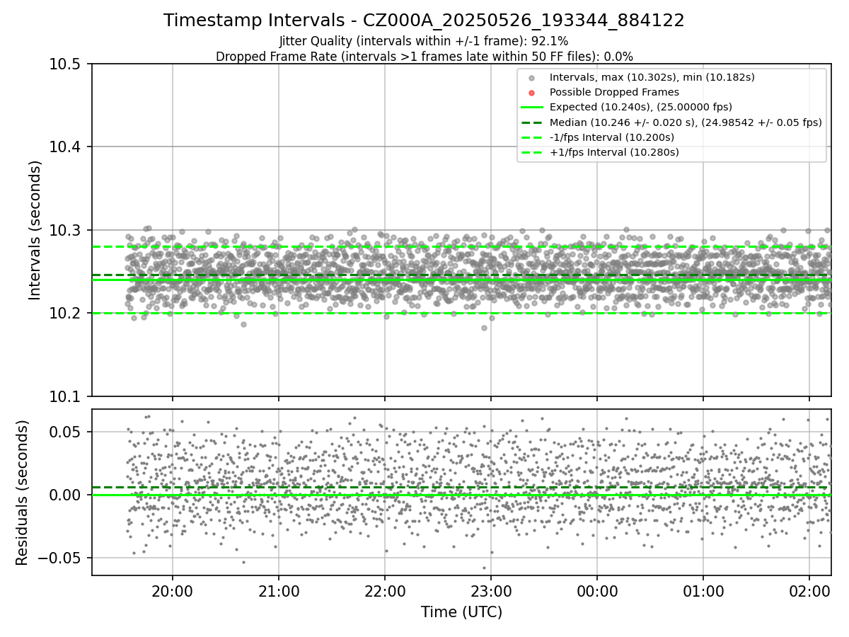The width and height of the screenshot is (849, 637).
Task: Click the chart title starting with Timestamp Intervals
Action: click(x=424, y=21)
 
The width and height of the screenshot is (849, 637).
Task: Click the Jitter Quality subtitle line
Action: click(x=424, y=41)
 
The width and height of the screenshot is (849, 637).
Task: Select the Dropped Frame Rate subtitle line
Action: click(x=424, y=56)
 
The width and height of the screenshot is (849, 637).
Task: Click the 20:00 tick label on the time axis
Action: click(x=173, y=591)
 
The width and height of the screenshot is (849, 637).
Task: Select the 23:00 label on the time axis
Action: click(x=491, y=591)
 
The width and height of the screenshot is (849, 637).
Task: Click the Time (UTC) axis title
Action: click(x=461, y=612)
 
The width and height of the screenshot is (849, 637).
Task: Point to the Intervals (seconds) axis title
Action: click(x=35, y=230)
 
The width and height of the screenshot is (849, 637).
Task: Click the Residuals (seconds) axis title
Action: click(x=23, y=492)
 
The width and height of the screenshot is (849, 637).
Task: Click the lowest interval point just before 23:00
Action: click(x=484, y=328)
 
